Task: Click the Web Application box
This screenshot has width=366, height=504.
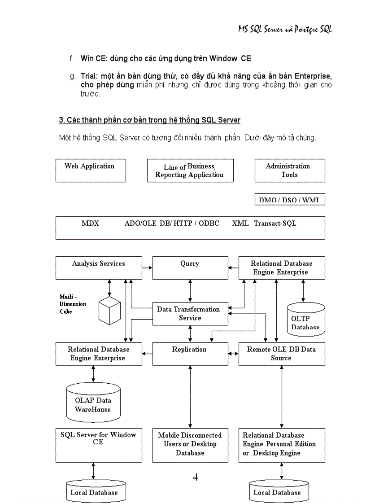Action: tap(91, 170)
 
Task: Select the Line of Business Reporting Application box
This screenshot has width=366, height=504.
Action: tap(190, 171)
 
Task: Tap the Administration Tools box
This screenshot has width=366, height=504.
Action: tap(289, 171)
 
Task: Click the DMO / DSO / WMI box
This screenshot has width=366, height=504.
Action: tap(289, 200)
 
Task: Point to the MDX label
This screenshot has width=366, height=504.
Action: tap(90, 224)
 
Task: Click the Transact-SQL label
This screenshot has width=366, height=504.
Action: tap(275, 224)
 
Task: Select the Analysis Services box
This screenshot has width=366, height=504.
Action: tap(99, 267)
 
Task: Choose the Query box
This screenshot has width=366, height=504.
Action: tap(190, 267)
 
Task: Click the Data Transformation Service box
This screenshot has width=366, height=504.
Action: tap(190, 313)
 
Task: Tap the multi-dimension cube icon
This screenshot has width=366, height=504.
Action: tap(109, 310)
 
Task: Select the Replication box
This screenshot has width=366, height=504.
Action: tap(190, 354)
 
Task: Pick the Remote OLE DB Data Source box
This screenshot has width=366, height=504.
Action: tap(281, 354)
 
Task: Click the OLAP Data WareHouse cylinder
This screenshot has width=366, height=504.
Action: tap(93, 400)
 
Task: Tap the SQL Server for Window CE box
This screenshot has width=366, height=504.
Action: tap(99, 444)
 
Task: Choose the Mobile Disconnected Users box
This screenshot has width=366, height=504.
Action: tap(190, 444)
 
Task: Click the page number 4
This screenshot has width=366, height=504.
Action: tap(195, 477)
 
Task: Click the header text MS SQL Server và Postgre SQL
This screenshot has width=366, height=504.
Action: tap(285, 30)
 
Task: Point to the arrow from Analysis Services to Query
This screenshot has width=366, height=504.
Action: tap(147, 267)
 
